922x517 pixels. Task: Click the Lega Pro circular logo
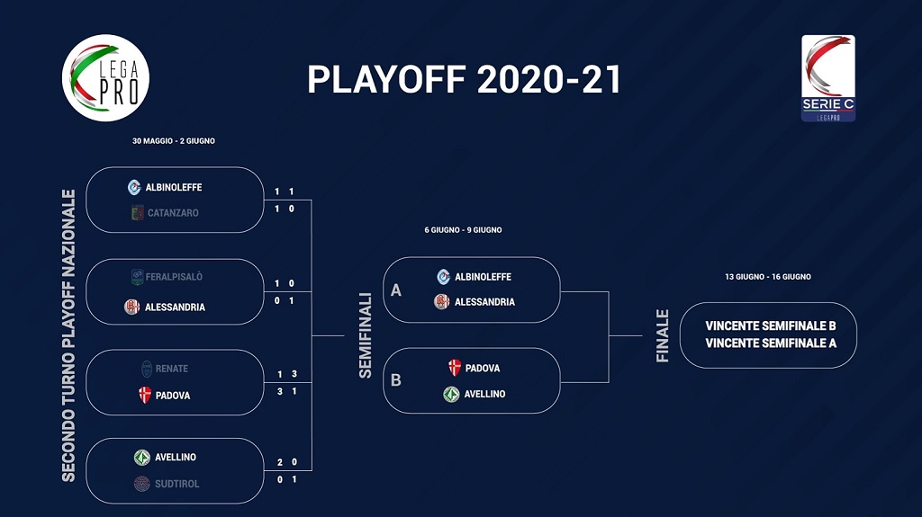pyautogui.click(x=106, y=78)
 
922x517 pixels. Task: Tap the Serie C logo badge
pyautogui.click(x=828, y=78)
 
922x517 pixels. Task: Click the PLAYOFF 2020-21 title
pyautogui.click(x=464, y=79)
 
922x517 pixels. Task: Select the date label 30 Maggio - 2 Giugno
pyautogui.click(x=174, y=141)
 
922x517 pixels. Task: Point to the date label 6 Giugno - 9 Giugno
pyautogui.click(x=464, y=230)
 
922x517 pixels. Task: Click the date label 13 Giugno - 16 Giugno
pyautogui.click(x=768, y=277)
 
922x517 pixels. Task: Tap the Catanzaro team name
pyautogui.click(x=173, y=213)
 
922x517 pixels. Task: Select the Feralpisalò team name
pyautogui.click(x=174, y=277)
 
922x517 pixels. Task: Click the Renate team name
pyautogui.click(x=172, y=369)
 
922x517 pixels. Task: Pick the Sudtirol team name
pyautogui.click(x=177, y=484)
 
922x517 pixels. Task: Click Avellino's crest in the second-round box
pyautogui.click(x=141, y=457)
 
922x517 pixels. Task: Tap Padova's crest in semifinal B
pyautogui.click(x=455, y=368)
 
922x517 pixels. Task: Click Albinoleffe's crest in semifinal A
pyautogui.click(x=443, y=277)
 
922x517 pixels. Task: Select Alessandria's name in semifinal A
pyautogui.click(x=484, y=302)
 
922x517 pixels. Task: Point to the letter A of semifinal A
pyautogui.click(x=396, y=290)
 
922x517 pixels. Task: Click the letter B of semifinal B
pyautogui.click(x=396, y=380)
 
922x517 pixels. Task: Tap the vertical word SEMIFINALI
pyautogui.click(x=366, y=335)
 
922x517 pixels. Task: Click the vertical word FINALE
pyautogui.click(x=662, y=336)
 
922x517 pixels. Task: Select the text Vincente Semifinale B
pyautogui.click(x=771, y=326)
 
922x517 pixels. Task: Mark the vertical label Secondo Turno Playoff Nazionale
pyautogui.click(x=68, y=335)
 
